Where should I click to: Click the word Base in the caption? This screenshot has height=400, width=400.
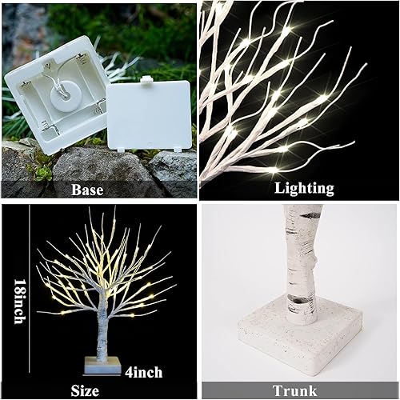(x=87, y=190)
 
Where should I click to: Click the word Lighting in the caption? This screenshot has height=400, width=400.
(x=303, y=190)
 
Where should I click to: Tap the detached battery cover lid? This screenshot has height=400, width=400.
(x=150, y=116)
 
